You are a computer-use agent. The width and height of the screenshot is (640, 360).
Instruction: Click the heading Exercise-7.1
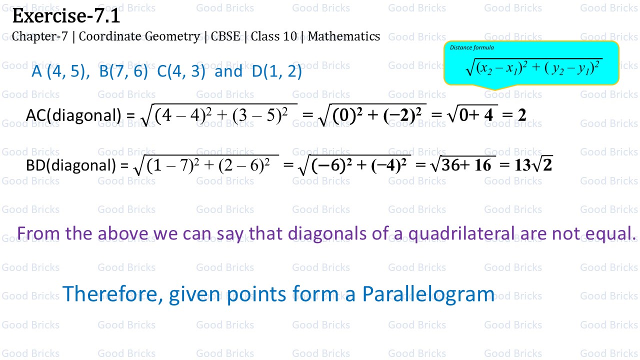66,16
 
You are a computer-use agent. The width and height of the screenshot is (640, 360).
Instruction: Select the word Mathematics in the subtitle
344,36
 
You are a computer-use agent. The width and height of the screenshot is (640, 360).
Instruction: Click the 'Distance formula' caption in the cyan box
472,48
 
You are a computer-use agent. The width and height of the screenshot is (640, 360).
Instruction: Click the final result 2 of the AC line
522,115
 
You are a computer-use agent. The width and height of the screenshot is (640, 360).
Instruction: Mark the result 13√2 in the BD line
533,165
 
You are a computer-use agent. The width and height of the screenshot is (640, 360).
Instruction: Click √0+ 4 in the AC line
470,115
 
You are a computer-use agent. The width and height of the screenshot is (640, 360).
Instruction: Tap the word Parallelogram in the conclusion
428,294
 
